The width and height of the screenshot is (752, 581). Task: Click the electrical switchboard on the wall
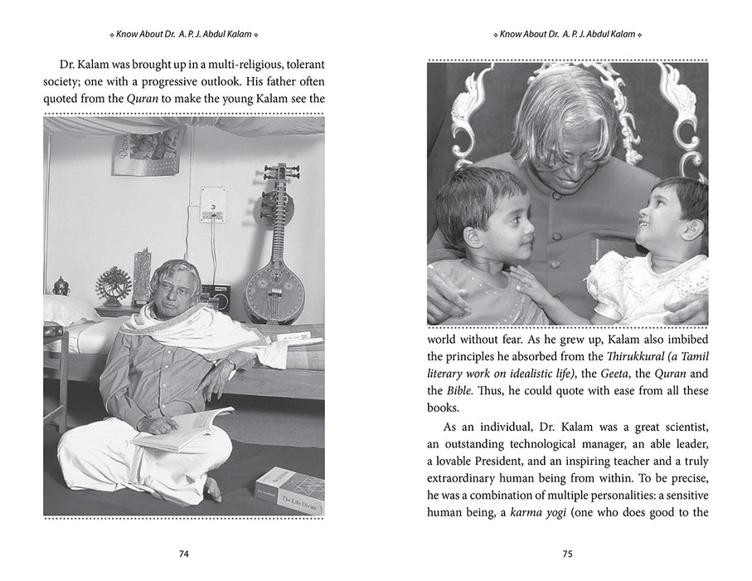(213, 203)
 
